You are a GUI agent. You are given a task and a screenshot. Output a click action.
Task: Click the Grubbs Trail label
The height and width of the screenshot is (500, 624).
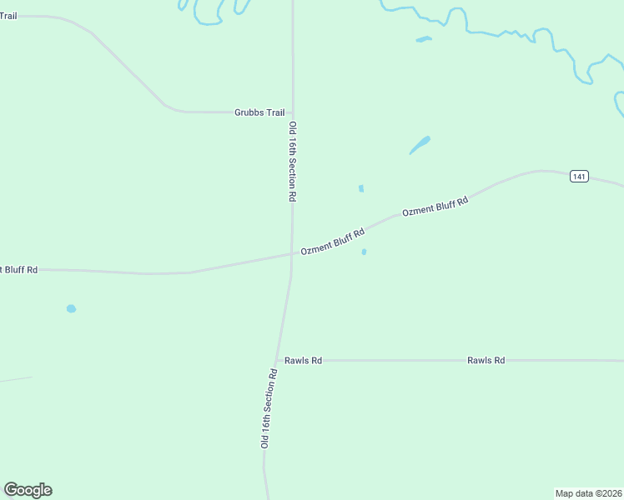(259, 112)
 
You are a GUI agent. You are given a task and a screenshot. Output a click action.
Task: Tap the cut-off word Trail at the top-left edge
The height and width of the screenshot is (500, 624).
(8, 16)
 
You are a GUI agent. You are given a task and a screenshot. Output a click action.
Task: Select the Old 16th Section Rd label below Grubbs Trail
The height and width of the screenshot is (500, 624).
(293, 162)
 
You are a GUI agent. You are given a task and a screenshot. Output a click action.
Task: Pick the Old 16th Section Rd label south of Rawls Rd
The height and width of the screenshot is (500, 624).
(269, 408)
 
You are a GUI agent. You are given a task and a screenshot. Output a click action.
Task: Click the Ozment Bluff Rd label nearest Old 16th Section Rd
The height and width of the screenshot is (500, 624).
(333, 242)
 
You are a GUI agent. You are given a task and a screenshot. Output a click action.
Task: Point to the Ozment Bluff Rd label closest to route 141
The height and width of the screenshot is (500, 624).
(435, 206)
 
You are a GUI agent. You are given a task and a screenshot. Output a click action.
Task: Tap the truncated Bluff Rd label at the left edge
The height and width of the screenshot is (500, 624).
(19, 270)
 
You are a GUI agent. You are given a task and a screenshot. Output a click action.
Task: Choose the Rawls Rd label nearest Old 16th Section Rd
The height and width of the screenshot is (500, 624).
(303, 361)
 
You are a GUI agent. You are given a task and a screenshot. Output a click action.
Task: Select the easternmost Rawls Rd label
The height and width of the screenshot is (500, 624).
(486, 361)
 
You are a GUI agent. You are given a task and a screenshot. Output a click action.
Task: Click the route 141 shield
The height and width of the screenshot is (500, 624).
(581, 176)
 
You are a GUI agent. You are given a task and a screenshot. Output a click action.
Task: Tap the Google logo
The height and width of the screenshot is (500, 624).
(28, 490)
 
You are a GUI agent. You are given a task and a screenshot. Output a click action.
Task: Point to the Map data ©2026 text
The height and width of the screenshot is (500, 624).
(588, 493)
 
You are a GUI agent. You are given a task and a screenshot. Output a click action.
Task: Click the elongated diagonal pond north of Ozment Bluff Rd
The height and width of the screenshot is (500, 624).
(420, 145)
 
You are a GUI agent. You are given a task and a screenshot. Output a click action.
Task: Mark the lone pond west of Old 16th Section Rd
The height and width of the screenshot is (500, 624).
(71, 308)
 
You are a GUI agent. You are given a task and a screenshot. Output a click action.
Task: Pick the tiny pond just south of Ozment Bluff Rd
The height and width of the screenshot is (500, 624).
(364, 252)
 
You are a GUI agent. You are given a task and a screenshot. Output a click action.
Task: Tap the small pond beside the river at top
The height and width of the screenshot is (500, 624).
(424, 39)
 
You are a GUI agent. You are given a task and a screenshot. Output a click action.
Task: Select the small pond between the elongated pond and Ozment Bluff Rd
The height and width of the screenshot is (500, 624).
(360, 188)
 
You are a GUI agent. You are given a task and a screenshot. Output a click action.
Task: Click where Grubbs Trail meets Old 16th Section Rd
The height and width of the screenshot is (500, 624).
(292, 112)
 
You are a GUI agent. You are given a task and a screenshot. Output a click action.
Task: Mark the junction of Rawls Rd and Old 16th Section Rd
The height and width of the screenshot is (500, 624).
(279, 361)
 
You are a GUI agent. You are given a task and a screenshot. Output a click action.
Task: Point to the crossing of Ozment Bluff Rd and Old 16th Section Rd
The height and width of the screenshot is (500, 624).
(291, 255)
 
